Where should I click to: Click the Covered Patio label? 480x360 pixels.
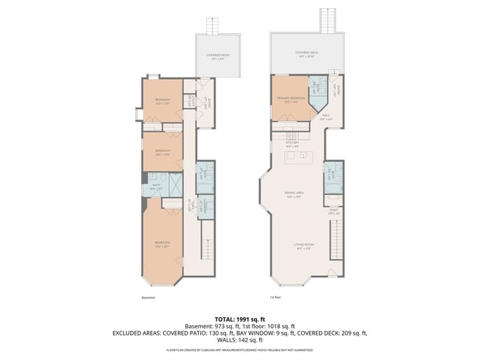tap(218, 55)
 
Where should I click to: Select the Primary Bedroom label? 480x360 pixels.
tap(291, 99)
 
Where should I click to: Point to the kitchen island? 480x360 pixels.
tap(301, 158)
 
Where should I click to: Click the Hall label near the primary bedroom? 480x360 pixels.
tap(325, 116)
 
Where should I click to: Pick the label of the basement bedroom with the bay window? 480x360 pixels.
tap(162, 244)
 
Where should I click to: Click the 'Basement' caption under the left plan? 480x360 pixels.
tap(148, 297)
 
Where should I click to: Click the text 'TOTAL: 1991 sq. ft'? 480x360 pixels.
tap(240, 318)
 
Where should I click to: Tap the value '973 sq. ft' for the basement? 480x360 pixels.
tap(222, 325)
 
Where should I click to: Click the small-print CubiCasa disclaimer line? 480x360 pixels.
tap(240, 350)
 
